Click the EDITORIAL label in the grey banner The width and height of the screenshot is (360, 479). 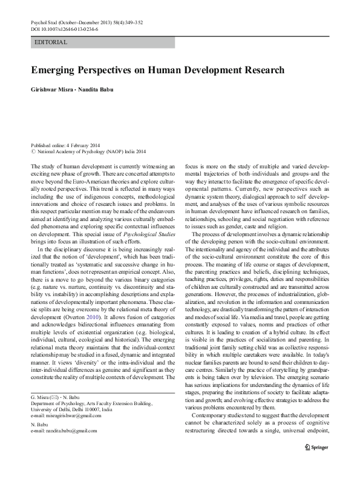click(51, 42)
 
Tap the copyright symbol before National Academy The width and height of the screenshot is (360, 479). click(33, 153)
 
